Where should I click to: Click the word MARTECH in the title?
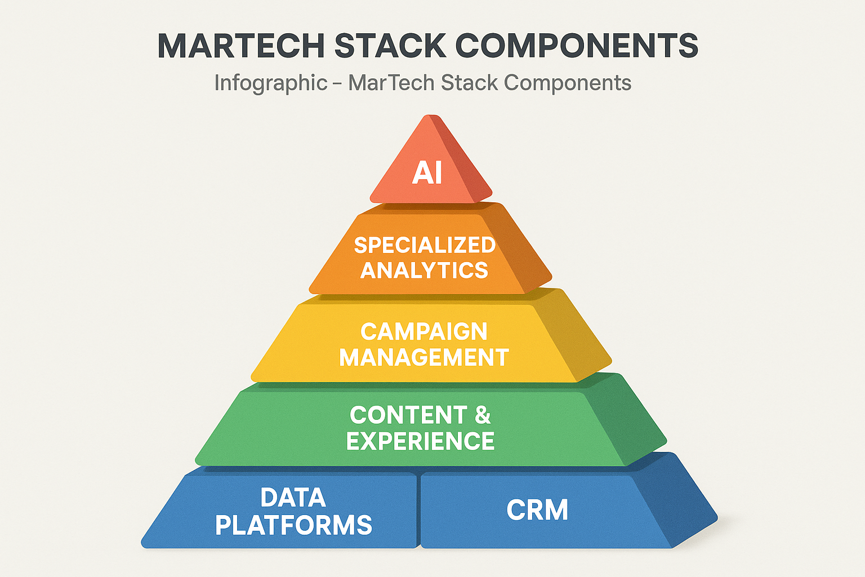click(x=241, y=46)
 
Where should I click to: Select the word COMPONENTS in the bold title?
click(x=577, y=46)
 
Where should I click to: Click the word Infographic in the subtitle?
click(x=271, y=83)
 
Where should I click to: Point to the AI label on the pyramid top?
click(x=427, y=172)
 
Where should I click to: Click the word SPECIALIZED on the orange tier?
click(x=425, y=245)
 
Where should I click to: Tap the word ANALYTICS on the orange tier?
click(x=424, y=270)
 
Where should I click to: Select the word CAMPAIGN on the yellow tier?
click(x=424, y=331)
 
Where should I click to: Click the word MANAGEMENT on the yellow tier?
click(x=424, y=358)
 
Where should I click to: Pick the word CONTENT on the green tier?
click(x=408, y=415)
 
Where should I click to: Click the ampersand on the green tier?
click(x=483, y=415)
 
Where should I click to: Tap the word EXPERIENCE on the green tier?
click(x=420, y=441)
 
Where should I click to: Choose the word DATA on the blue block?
click(x=293, y=498)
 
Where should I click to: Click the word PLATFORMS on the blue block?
click(x=293, y=525)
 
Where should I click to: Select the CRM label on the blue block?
click(x=537, y=510)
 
